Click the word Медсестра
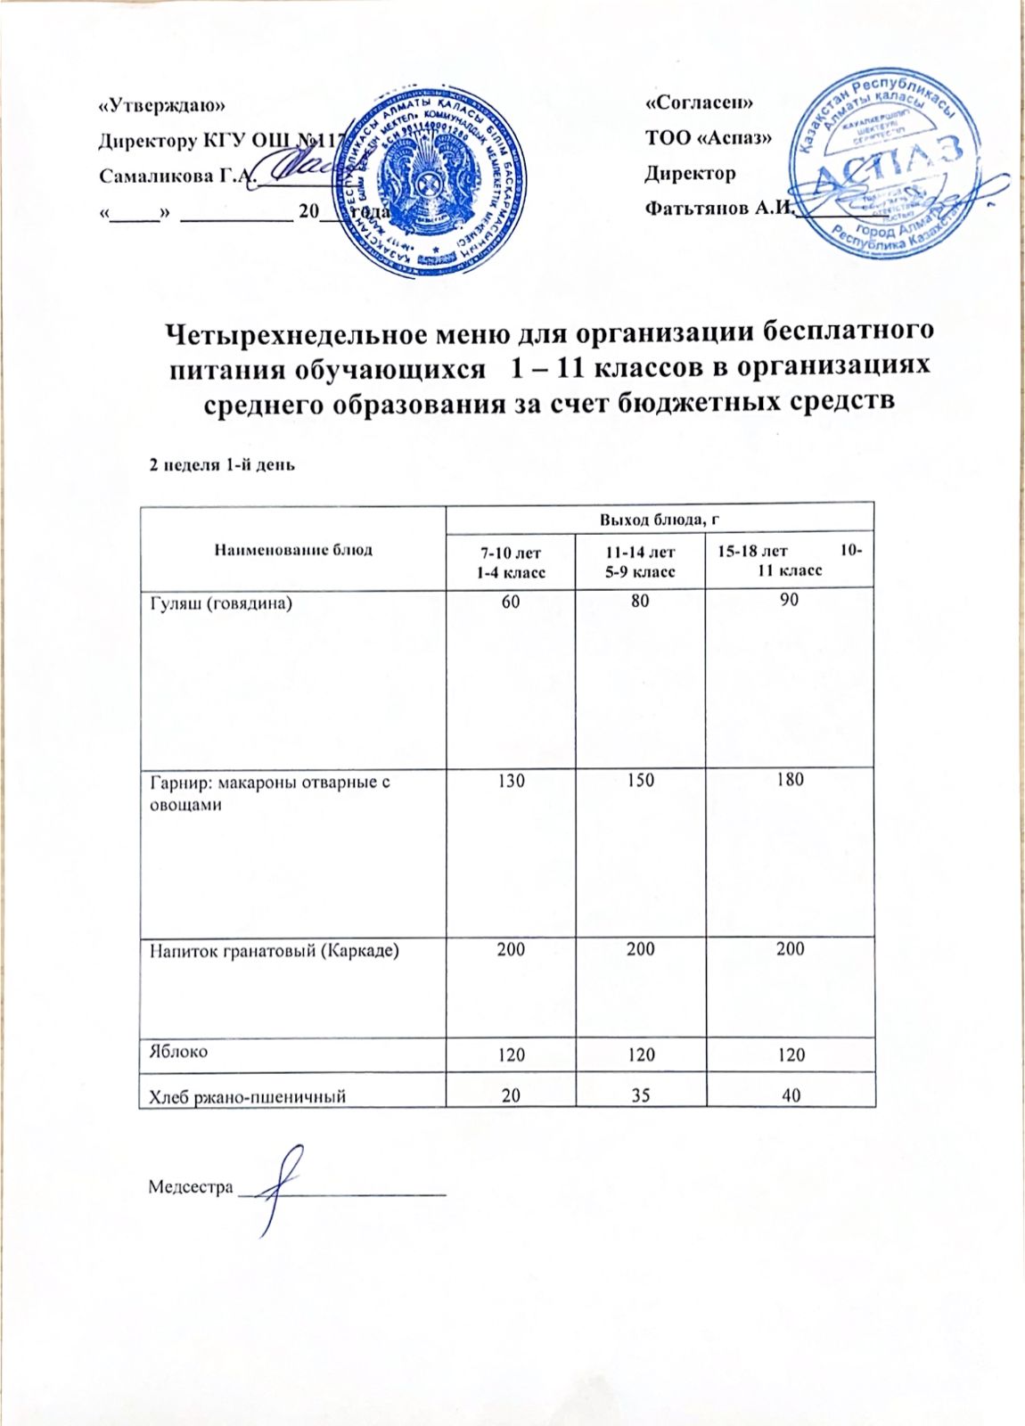(x=190, y=1187)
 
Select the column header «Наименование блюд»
(x=291, y=550)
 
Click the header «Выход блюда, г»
(x=660, y=518)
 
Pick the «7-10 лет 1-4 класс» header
(x=510, y=562)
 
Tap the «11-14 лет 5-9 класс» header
(x=640, y=562)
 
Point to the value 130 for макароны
(x=511, y=781)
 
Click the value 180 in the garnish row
(x=790, y=781)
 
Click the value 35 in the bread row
(x=640, y=1095)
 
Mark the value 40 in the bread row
(x=790, y=1095)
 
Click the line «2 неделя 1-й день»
(x=221, y=465)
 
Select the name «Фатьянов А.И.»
(x=718, y=209)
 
